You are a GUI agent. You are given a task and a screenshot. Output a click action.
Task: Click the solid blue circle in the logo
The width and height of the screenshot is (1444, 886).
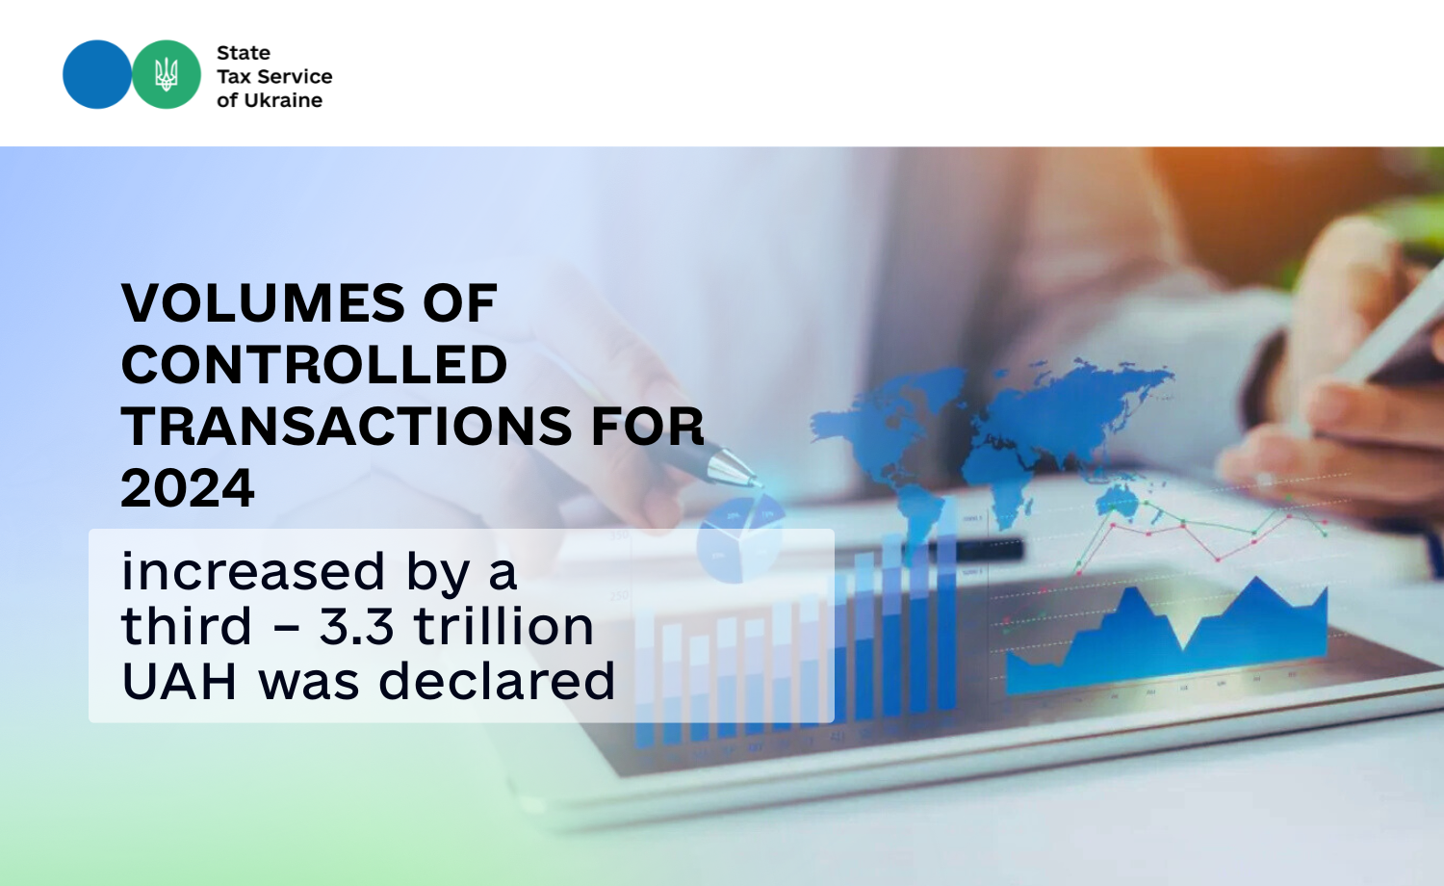[96, 74]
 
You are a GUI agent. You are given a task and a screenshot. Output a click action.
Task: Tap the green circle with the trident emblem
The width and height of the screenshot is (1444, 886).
[167, 74]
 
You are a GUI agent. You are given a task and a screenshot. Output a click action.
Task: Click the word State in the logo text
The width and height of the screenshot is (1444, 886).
[243, 53]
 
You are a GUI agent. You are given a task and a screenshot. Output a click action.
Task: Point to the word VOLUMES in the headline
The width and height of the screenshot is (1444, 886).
[264, 302]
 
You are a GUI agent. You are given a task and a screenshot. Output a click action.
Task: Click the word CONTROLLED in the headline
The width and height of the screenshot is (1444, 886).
[314, 364]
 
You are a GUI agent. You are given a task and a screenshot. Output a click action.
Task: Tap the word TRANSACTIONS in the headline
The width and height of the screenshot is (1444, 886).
[347, 427]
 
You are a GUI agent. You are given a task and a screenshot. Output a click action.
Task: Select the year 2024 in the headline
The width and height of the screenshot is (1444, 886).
[188, 488]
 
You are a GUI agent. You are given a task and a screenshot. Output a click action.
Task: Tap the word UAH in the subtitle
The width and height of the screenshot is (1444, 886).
[178, 681]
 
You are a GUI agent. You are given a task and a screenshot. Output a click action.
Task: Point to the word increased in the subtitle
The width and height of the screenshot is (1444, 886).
[252, 571]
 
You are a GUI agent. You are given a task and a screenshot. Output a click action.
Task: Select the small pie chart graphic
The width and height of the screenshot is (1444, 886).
[740, 538]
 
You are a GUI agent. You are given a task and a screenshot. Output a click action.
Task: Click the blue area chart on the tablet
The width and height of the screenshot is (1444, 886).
[1167, 638]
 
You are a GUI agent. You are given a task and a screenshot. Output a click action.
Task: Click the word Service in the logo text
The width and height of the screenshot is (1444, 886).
[295, 77]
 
